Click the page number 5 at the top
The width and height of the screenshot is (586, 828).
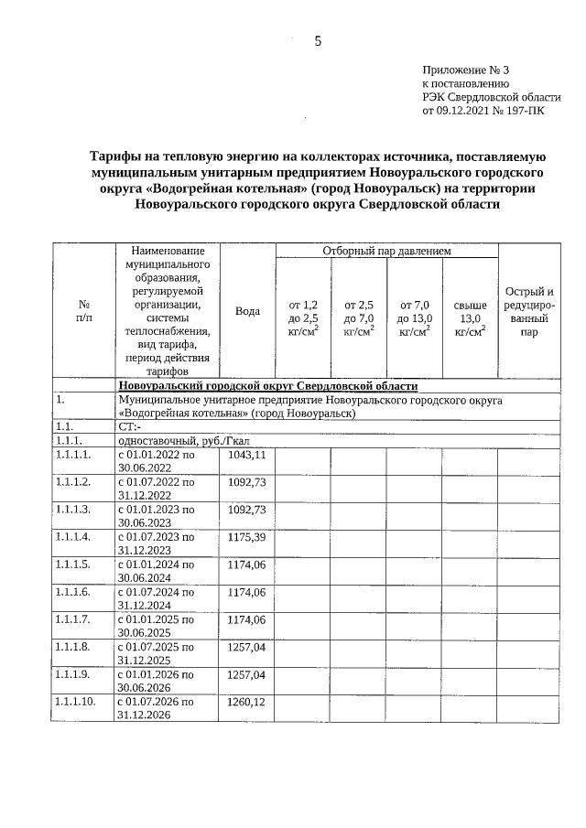318,40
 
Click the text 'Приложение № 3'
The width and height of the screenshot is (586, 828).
465,70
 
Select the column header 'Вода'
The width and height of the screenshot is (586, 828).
247,311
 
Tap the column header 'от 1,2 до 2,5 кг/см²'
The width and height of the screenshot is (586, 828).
303,317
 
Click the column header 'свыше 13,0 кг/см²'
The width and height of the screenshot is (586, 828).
470,317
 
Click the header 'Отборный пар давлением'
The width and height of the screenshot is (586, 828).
386,251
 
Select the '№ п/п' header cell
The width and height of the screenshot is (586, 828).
83,311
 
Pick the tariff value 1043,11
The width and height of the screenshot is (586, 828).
246,455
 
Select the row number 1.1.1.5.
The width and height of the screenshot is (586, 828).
73,565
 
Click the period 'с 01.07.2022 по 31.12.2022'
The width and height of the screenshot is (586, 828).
157,488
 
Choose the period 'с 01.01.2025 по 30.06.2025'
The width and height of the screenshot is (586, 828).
157,626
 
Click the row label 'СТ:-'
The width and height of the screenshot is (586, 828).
129,426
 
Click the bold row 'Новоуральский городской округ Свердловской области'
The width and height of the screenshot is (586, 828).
268,386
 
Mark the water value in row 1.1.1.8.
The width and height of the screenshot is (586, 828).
246,647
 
